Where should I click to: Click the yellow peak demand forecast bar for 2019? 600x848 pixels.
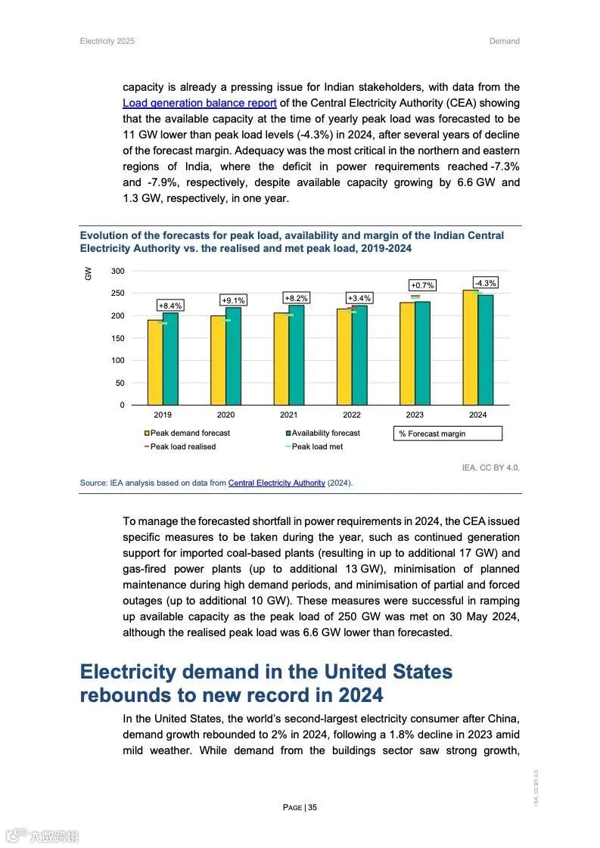tap(154, 363)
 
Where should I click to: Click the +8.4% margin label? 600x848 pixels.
tap(169, 306)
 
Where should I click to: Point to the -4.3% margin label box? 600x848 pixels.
tap(485, 283)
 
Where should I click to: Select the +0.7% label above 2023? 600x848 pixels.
tap(422, 285)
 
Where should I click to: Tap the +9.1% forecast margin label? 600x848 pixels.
tap(233, 300)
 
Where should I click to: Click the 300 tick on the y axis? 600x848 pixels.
tap(117, 271)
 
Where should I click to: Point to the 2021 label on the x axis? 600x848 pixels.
tap(288, 415)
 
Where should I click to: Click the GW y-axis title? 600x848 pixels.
tap(88, 273)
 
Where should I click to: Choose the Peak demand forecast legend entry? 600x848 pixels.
tap(189, 433)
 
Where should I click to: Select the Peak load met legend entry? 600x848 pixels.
tap(316, 447)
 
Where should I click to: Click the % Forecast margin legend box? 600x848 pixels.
tap(447, 433)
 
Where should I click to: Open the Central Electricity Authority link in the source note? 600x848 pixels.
tap(276, 483)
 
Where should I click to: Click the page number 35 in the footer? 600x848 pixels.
tap(312, 807)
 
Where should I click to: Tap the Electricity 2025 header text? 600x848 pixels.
tap(107, 41)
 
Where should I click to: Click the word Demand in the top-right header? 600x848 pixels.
tap(504, 41)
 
